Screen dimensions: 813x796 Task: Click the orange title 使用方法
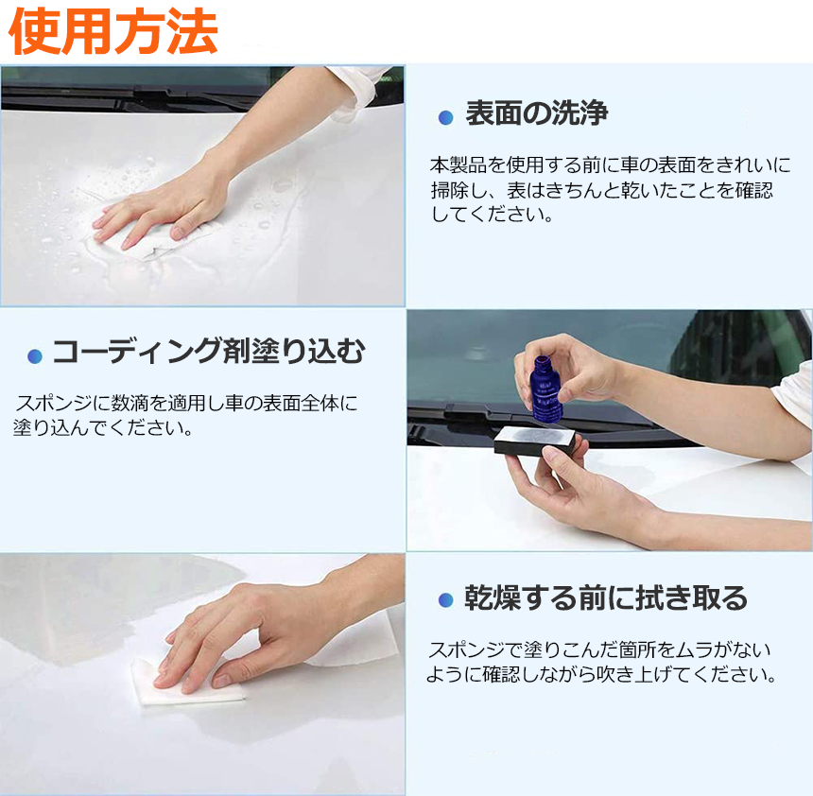click(x=113, y=32)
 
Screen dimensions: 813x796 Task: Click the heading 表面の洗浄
click(x=536, y=112)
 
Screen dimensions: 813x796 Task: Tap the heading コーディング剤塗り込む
click(x=209, y=351)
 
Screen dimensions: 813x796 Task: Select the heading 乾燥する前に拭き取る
click(x=606, y=597)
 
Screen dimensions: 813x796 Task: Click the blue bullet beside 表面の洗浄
click(x=446, y=118)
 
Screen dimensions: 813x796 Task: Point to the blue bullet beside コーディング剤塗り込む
click(x=35, y=356)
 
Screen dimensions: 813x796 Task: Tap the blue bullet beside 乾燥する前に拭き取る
click(x=446, y=600)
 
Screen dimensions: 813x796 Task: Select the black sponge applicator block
click(x=535, y=440)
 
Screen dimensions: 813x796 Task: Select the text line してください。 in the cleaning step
click(x=492, y=215)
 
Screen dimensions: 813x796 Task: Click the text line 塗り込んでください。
click(x=103, y=428)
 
